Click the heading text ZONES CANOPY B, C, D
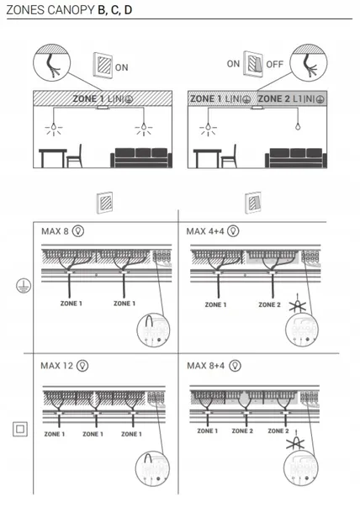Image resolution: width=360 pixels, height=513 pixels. pos(69,10)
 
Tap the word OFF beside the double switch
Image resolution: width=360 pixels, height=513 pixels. pos(274,64)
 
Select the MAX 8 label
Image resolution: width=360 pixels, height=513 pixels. pos(55,231)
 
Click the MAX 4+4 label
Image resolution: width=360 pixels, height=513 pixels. pos(205,231)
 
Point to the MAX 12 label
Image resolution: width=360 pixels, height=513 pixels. pos(57,366)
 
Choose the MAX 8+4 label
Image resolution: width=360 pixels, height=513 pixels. pos(206,366)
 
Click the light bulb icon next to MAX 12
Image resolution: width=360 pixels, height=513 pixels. pos(82,366)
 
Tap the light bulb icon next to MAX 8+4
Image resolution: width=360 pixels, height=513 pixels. pos(235,366)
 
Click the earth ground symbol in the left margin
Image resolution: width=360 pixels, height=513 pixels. pos(24,286)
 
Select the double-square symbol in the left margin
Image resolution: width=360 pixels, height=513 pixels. pos(20,429)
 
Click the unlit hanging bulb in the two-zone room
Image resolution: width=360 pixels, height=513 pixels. pos(298,126)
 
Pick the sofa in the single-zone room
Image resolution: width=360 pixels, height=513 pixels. pos(141,158)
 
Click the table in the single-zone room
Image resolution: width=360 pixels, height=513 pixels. pos(53,158)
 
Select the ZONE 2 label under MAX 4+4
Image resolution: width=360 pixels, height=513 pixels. pos(269,304)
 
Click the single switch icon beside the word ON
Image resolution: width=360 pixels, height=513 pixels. pos(103,65)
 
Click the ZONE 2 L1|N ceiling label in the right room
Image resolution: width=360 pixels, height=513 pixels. pos(291,98)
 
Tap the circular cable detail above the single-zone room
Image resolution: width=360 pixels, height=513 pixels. pos(51,62)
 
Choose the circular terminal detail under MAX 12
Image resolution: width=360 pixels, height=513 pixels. pos(152,468)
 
